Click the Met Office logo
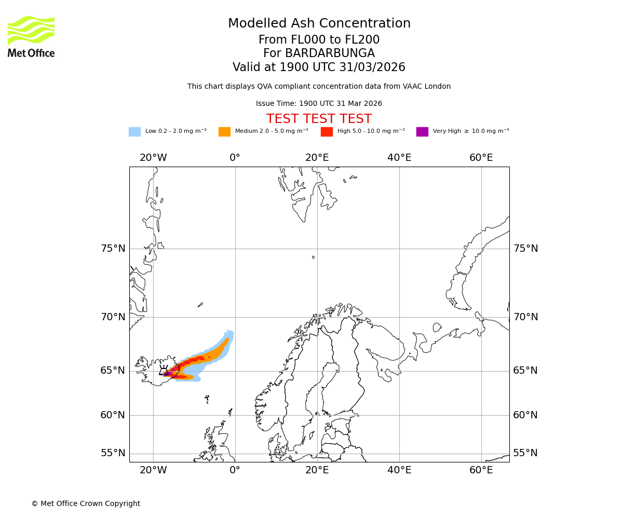31,36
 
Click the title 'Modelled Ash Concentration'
319,24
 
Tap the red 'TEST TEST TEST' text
319,119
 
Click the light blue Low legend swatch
134,132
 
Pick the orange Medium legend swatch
224,132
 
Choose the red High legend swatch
327,132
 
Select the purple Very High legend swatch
422,132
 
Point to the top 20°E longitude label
317,158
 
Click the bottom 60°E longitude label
481,470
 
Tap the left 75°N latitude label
113,249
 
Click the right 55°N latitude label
525,453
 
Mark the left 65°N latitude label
113,371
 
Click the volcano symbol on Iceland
164,370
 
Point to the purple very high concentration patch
168,374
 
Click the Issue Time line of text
319,104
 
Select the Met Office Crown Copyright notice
86,503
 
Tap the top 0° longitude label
235,158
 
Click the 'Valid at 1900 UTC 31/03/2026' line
319,67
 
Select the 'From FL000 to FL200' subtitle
319,40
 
